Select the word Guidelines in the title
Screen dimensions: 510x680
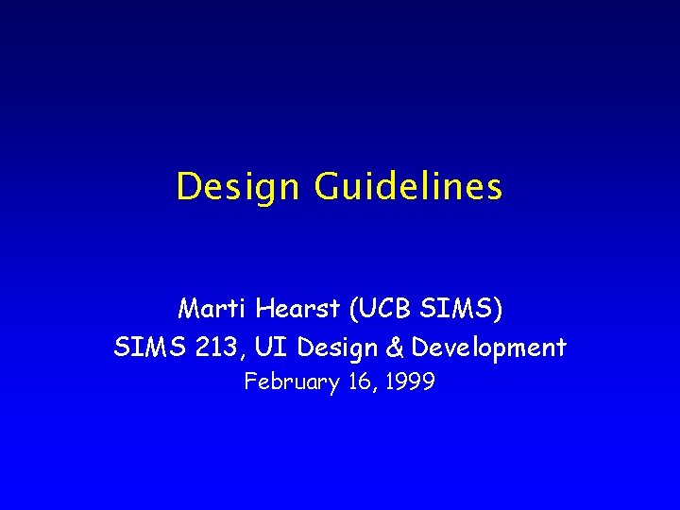[409, 187]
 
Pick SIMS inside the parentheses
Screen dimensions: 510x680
[459, 309]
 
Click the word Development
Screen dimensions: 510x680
[488, 348]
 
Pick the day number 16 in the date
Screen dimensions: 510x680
[353, 382]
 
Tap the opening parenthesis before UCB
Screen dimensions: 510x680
[354, 309]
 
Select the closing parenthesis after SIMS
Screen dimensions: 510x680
[499, 309]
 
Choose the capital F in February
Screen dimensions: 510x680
[250, 382]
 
